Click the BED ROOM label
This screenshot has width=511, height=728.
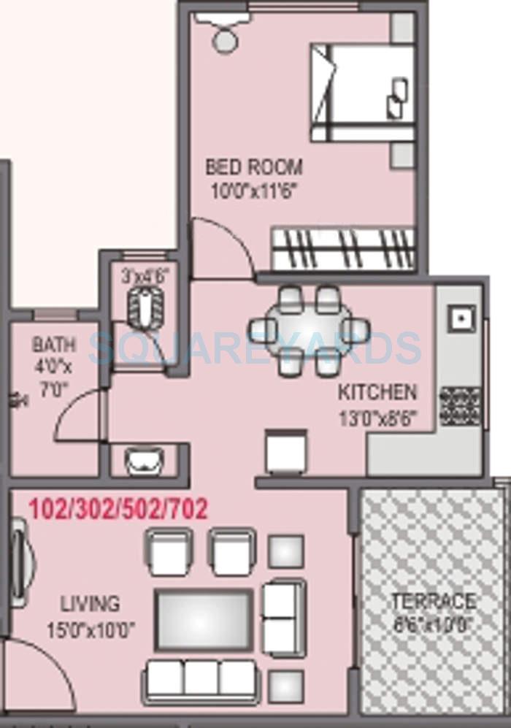tap(253, 166)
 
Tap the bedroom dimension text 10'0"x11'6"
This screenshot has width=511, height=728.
tap(255, 191)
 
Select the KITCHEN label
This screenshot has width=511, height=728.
tap(377, 392)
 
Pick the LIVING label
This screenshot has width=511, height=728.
tap(90, 605)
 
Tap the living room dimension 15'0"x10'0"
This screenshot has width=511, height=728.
tap(91, 628)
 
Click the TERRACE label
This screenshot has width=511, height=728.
tap(433, 602)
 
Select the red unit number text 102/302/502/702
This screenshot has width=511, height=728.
tap(118, 508)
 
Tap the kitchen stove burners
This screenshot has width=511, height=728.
tap(460, 405)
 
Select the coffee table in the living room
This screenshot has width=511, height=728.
tap(204, 619)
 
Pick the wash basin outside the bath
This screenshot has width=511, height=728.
tap(143, 461)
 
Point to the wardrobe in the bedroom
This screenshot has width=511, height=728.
tap(343, 250)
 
